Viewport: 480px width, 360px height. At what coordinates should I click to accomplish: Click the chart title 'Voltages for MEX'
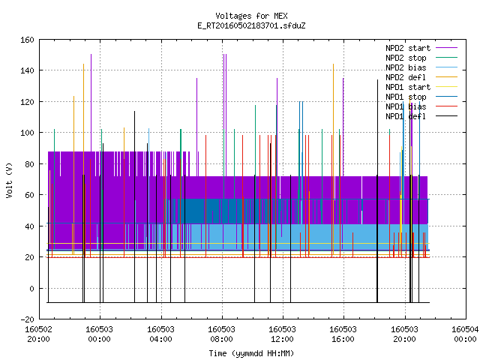point(251,16)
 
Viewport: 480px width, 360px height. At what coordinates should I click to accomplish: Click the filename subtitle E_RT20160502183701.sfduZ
point(251,25)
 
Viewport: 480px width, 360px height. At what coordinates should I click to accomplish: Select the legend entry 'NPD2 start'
point(408,48)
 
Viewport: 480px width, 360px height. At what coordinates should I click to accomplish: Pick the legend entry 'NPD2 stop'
point(406,58)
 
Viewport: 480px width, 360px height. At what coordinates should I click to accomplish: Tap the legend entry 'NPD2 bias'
point(406,67)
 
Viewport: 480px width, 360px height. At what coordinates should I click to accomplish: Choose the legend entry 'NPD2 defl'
point(406,77)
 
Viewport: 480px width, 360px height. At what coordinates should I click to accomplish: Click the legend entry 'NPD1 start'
point(408,87)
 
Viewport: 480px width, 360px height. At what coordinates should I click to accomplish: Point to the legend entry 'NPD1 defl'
point(406,116)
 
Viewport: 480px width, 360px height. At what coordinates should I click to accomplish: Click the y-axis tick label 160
point(27,40)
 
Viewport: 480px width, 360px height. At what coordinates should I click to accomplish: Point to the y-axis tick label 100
point(27,133)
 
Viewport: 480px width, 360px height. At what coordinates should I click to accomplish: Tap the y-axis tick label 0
point(31,289)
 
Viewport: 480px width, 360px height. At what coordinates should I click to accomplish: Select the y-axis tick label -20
point(27,319)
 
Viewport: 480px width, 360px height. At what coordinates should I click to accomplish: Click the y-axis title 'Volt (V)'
point(9,181)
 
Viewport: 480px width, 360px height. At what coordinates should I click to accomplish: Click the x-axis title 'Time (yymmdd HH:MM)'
point(251,353)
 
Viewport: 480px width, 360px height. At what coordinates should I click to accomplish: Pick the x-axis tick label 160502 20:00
point(38,334)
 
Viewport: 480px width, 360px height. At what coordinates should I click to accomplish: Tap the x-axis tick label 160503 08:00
point(222,334)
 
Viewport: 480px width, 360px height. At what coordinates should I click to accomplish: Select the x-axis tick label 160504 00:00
point(465,334)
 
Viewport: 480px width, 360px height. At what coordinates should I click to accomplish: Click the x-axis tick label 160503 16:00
point(343,334)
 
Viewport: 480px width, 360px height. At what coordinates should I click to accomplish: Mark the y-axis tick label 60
point(29,195)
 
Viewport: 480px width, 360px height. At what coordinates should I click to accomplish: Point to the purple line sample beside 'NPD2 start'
point(446,48)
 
